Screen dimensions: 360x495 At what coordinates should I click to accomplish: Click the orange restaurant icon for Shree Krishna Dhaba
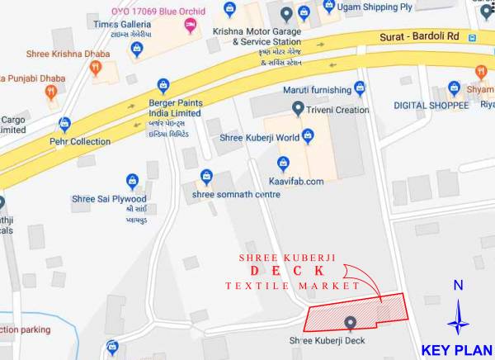click(97, 70)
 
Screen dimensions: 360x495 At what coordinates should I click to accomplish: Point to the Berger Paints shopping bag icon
click(163, 86)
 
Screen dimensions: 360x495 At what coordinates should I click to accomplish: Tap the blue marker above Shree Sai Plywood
click(131, 181)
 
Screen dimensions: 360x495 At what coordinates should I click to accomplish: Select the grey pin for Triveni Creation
click(298, 109)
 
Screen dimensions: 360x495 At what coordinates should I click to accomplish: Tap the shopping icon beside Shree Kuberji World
click(308, 135)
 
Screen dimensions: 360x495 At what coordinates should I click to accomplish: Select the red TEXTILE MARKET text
click(292, 286)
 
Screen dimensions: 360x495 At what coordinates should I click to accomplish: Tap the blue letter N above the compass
click(458, 286)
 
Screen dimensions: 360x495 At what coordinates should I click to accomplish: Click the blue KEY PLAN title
click(456, 349)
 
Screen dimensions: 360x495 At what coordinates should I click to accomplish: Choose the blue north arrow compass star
click(458, 318)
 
